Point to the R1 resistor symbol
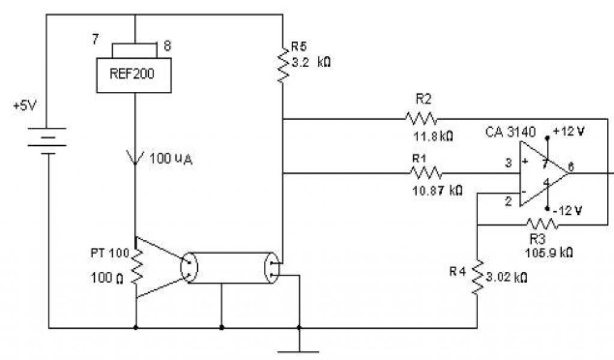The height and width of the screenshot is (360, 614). click(426, 173)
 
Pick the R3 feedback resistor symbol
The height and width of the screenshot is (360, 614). click(543, 224)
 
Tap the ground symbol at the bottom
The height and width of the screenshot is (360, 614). click(299, 349)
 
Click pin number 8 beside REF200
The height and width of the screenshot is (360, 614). click(167, 44)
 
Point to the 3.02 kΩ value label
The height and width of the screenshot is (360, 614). click(508, 277)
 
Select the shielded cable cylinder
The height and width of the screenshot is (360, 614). click(228, 268)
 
